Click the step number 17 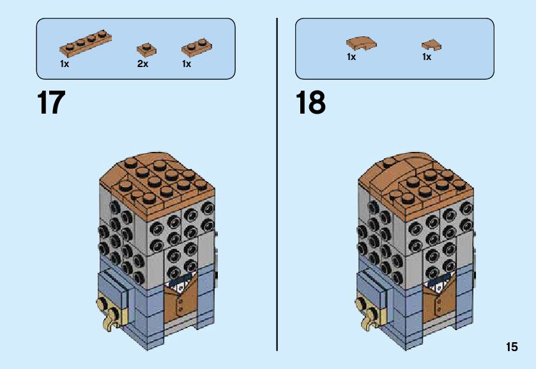click(x=51, y=103)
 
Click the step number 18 click(x=310, y=103)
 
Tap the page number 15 click(x=511, y=347)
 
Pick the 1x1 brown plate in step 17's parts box click(x=146, y=49)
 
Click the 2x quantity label click(x=142, y=64)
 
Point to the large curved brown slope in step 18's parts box click(x=361, y=42)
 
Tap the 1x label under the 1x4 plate click(x=65, y=64)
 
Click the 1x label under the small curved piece click(x=427, y=57)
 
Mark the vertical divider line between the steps click(x=277, y=185)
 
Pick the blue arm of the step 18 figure click(x=374, y=284)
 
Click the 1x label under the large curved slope click(x=351, y=57)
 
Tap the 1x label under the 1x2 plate click(x=187, y=64)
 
